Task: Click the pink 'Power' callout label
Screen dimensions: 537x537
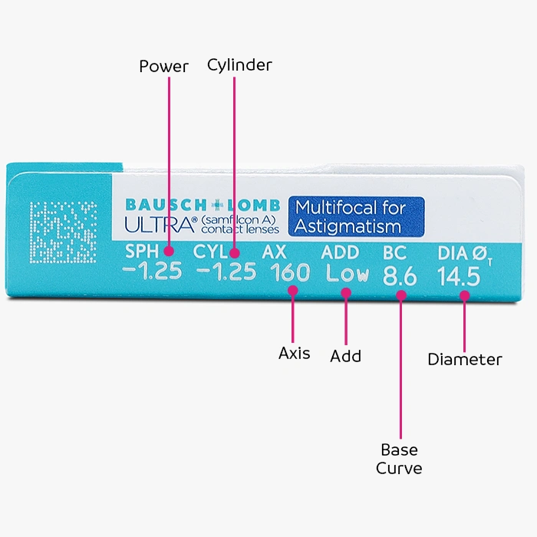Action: coord(163,67)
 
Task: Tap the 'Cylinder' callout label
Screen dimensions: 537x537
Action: coord(239,65)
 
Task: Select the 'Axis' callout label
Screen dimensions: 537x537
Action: coord(295,353)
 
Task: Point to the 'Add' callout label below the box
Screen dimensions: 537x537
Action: coord(345,356)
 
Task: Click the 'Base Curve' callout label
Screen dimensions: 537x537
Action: coord(399,458)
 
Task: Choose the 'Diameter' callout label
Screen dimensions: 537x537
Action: coord(465,359)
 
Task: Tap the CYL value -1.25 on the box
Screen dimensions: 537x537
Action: coord(226,272)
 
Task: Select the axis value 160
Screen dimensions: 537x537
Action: coord(289,272)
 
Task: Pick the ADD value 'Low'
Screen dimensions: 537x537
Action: coord(346,273)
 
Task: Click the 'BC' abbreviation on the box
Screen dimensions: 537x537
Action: coord(394,253)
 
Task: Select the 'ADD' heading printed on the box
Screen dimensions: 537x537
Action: coord(340,252)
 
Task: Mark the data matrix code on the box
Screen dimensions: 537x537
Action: coord(64,230)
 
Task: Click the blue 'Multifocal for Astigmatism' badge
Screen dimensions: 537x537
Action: coord(356,216)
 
